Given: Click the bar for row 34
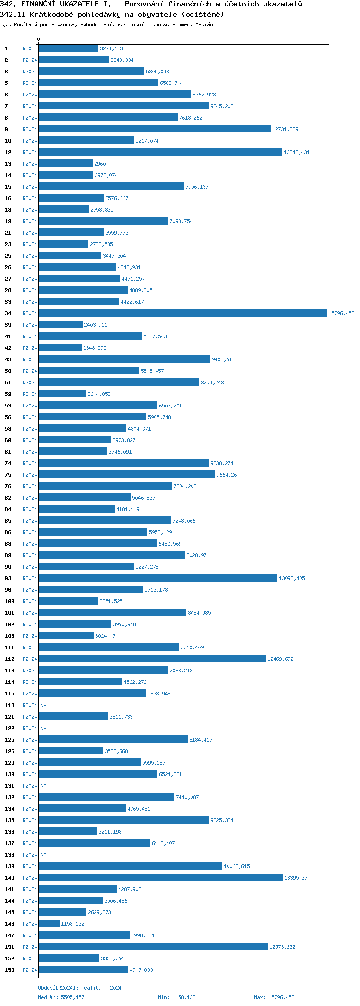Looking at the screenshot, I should point(182,313).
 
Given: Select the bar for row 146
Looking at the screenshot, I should point(49,924).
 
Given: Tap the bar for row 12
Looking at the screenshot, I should point(160,152).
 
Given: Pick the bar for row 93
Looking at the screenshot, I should point(158,578).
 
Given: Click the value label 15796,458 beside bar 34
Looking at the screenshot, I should point(341,313).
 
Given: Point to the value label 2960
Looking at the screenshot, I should point(100,164).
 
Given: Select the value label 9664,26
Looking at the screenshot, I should point(227,475).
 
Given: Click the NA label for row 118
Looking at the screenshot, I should point(43,705).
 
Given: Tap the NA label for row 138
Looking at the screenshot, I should point(43,855).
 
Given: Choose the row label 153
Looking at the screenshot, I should point(10,970).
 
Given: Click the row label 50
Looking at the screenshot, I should point(8,371).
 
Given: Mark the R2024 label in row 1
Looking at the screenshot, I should point(30,48).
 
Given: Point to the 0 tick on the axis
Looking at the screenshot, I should point(39,39).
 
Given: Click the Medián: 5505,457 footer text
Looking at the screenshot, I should point(61,997).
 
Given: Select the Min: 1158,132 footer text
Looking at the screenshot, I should point(177,997).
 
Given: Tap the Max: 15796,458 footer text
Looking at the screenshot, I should point(274,997).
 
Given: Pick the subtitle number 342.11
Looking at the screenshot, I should point(12,14).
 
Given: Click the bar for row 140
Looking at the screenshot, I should point(161,878).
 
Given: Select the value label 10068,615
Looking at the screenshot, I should point(237,866).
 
